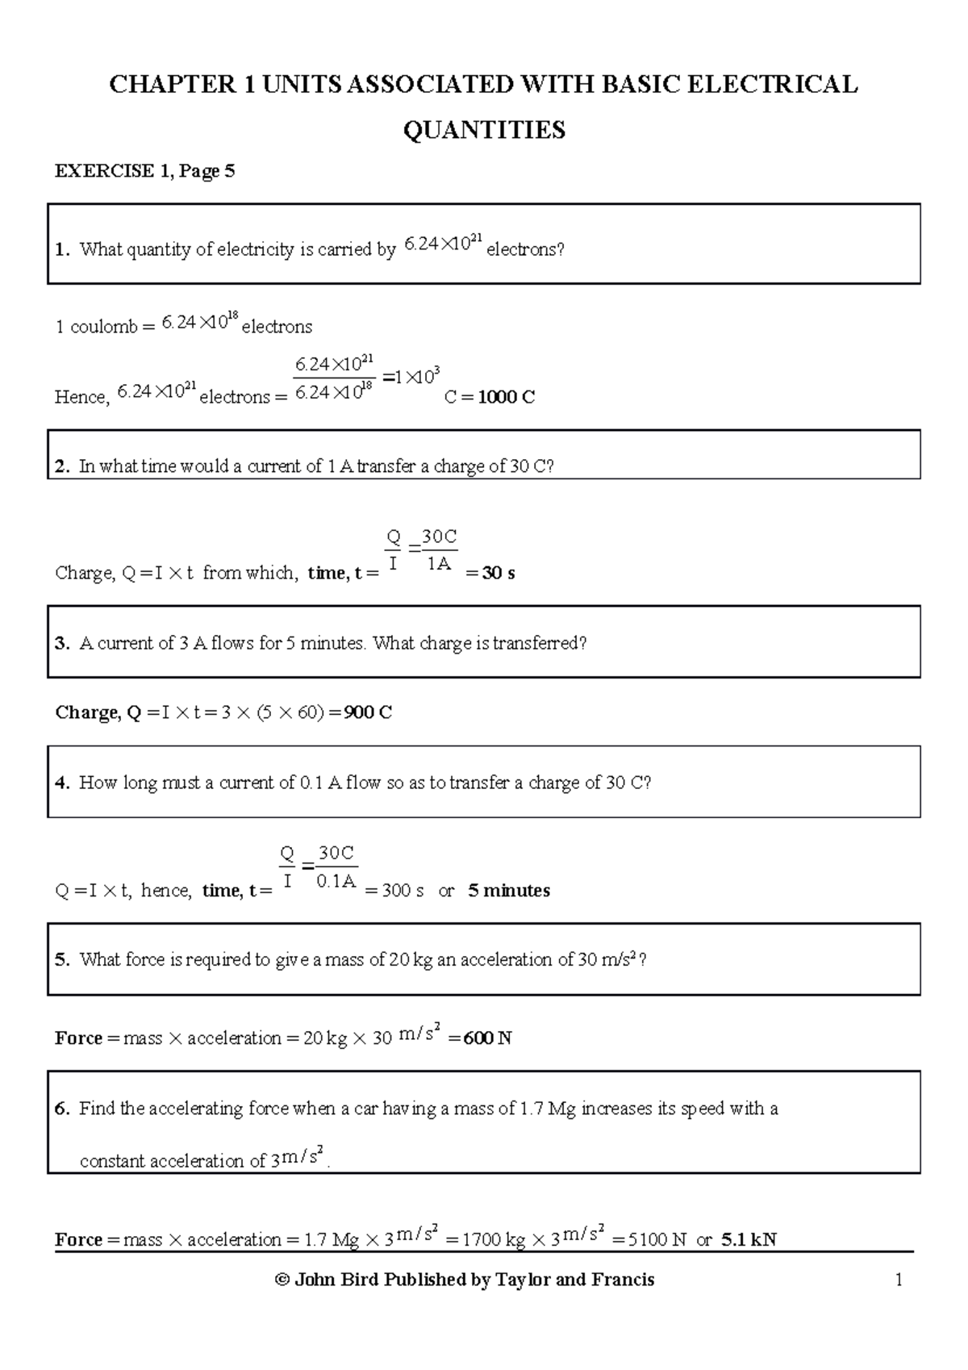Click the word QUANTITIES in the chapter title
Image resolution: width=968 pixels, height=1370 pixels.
(x=484, y=130)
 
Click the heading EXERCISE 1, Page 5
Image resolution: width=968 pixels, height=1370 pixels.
(x=144, y=171)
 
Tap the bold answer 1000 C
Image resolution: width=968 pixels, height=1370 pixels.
(x=507, y=397)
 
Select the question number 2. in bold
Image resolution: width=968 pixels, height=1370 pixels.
(x=63, y=466)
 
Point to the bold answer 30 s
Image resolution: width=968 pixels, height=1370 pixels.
(x=499, y=574)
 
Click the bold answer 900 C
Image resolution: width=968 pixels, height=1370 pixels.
(x=368, y=712)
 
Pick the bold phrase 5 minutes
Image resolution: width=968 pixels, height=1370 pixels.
(x=509, y=891)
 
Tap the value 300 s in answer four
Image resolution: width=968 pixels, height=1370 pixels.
(x=403, y=891)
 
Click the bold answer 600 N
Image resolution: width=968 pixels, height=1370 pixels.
(x=488, y=1038)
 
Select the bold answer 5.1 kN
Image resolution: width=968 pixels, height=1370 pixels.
(x=749, y=1240)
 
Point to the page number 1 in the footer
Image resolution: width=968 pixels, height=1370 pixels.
(x=899, y=1280)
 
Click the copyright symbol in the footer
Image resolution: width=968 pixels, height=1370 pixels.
(x=282, y=1280)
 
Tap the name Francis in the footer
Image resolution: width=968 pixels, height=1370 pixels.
(x=623, y=1280)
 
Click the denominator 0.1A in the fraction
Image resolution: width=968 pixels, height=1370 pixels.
(x=336, y=882)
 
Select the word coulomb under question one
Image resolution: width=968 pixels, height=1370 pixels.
(x=102, y=328)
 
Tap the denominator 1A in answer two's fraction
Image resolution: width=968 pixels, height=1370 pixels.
(x=439, y=565)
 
